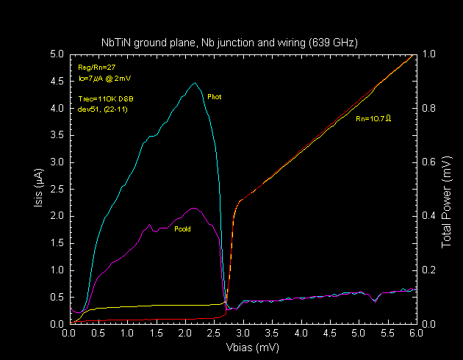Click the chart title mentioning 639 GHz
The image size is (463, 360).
229,43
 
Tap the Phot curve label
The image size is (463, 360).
215,96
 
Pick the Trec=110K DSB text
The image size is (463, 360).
106,98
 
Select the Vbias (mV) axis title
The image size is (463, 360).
242,348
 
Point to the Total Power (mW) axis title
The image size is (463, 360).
448,189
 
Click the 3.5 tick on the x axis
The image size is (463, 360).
271,333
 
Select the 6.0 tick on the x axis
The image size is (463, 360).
416,333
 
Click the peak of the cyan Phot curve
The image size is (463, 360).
195,83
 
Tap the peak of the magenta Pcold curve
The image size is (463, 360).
193,208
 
